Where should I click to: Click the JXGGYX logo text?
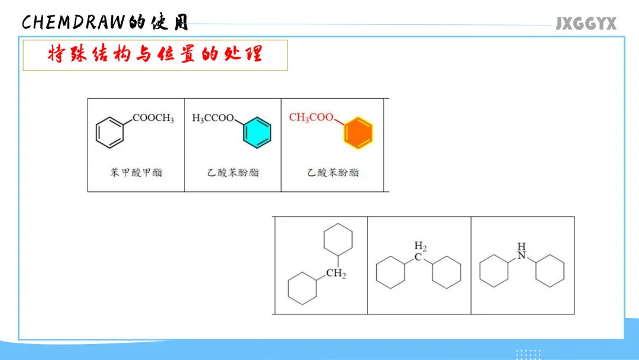click(x=586, y=24)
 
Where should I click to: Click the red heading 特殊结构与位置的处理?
click(x=154, y=55)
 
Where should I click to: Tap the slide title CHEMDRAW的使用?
click(x=105, y=22)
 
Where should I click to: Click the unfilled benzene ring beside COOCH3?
click(x=111, y=132)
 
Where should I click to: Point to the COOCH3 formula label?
click(x=153, y=118)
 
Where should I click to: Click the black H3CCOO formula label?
click(x=213, y=118)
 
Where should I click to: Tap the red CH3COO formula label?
click(x=311, y=117)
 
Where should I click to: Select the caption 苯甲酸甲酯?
click(x=136, y=173)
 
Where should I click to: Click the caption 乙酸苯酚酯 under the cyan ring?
click(x=233, y=173)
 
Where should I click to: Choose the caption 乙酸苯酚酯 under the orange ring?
click(x=333, y=173)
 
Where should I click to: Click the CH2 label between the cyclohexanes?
click(x=335, y=274)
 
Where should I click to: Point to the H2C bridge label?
click(x=419, y=251)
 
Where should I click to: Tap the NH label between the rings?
click(x=521, y=250)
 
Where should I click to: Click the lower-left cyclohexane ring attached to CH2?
click(x=302, y=288)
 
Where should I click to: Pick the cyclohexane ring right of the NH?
click(x=550, y=271)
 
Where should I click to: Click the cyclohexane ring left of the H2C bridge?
click(x=390, y=272)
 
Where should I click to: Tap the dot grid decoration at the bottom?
click(x=529, y=354)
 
